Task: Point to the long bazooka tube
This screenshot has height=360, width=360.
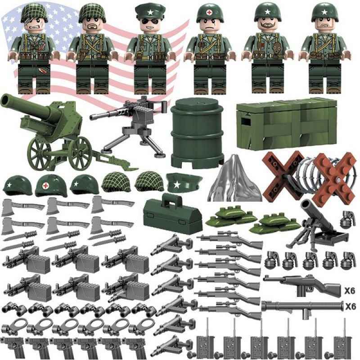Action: tap(301, 307)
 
